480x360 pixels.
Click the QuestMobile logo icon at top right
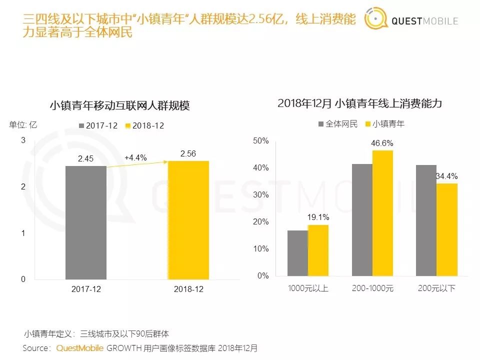coord(376,19)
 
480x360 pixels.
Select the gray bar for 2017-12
coord(85,222)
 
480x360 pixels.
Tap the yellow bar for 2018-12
coord(188,220)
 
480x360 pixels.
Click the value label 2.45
coord(85,158)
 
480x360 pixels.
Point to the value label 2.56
coord(188,153)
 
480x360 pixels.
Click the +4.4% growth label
coord(135,157)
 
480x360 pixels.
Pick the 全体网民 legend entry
coord(338,124)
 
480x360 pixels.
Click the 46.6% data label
coord(382,143)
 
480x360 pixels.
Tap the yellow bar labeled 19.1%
coord(317,250)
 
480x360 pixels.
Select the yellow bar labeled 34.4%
coord(446,229)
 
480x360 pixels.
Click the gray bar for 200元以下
coord(426,220)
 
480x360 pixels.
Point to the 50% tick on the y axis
coord(261,141)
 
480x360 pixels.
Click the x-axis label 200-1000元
coord(372,288)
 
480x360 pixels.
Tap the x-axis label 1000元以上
coord(308,288)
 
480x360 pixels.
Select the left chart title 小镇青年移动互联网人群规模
coord(119,105)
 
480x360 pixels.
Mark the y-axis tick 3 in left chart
coord(23,140)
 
